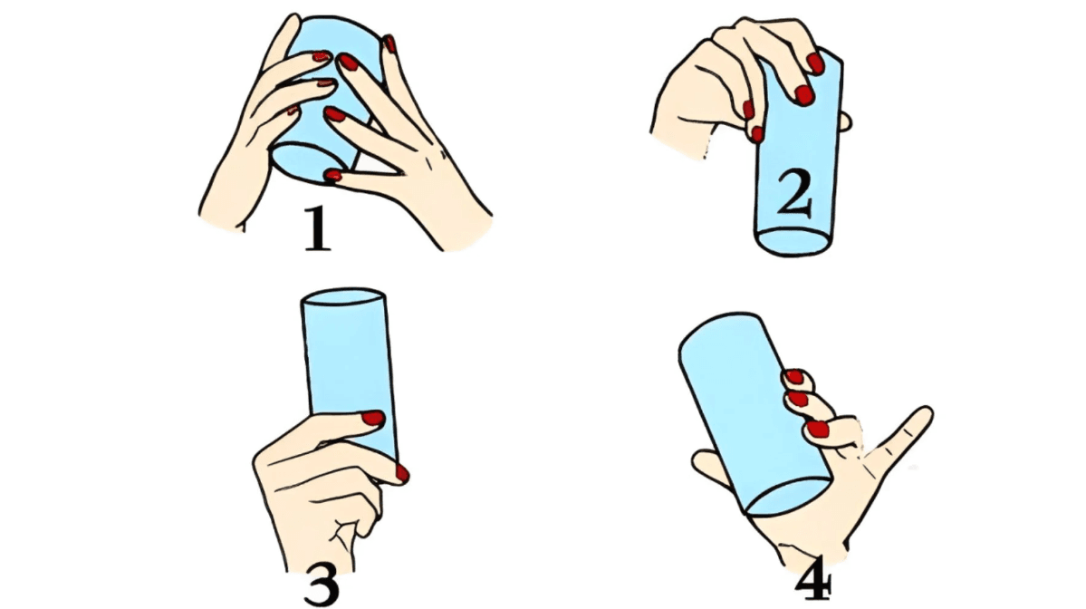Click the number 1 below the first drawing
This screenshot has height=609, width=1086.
point(317,228)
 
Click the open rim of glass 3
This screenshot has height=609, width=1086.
point(343,297)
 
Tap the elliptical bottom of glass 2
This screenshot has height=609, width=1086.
point(793,242)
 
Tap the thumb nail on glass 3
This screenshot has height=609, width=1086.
point(372,418)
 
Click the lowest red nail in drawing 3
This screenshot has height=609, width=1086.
point(402,474)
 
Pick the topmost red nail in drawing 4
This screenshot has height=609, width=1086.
point(794,377)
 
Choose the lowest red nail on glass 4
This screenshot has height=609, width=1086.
point(818,429)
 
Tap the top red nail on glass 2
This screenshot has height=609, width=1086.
point(816,63)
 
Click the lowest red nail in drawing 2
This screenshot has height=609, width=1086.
point(757,134)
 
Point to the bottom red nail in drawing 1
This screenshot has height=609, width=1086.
point(333,175)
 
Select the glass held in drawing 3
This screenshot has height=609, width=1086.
point(349,374)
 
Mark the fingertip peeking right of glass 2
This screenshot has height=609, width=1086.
point(846,121)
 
